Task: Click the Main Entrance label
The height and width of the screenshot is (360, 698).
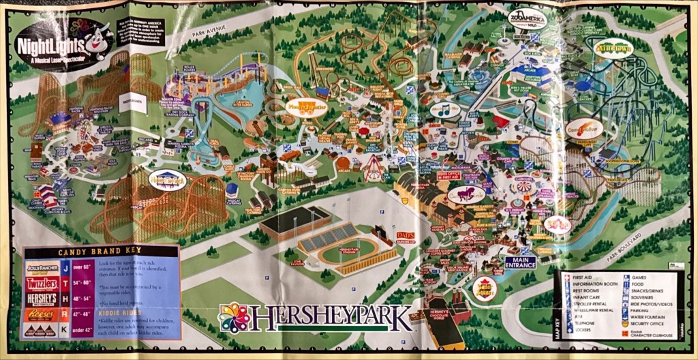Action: (x=520, y=262)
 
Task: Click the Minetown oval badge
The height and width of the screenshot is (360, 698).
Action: (x=613, y=48)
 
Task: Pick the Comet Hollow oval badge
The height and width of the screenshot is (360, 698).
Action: (x=585, y=127)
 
